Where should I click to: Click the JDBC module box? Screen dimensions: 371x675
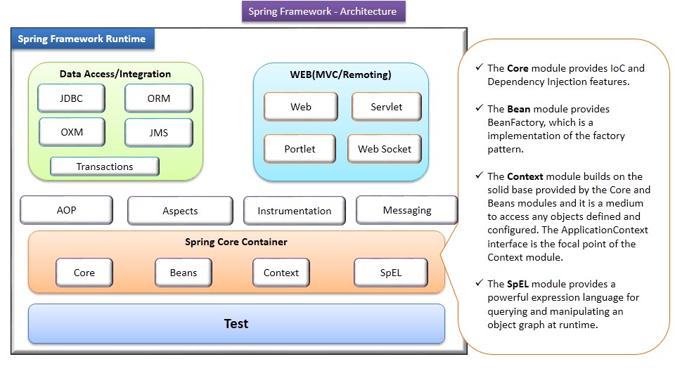coord(71,98)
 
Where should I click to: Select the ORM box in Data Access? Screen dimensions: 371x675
coord(158,98)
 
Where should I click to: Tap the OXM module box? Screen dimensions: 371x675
coord(71,132)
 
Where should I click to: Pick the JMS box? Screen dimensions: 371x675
coord(158,132)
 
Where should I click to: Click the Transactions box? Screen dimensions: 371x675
coord(105,167)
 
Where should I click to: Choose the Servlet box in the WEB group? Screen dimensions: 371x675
coord(386,107)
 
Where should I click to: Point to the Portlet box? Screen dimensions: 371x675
coord(300,149)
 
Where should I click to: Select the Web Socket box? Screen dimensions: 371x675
coord(385,149)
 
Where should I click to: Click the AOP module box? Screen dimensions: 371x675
coord(66,210)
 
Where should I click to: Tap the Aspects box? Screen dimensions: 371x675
coord(180,210)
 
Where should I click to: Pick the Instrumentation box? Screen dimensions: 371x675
coord(294,210)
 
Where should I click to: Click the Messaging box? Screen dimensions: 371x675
coord(406,210)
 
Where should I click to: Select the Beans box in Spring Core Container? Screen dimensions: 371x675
coord(184,273)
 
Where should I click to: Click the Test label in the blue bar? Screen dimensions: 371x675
coord(236,323)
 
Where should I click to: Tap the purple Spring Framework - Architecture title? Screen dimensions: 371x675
coord(323,11)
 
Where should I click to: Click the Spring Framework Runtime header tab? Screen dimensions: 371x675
coord(82,39)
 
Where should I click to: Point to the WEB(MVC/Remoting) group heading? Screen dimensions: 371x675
coord(340,74)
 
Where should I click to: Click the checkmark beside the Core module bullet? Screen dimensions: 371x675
coord(479,68)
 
